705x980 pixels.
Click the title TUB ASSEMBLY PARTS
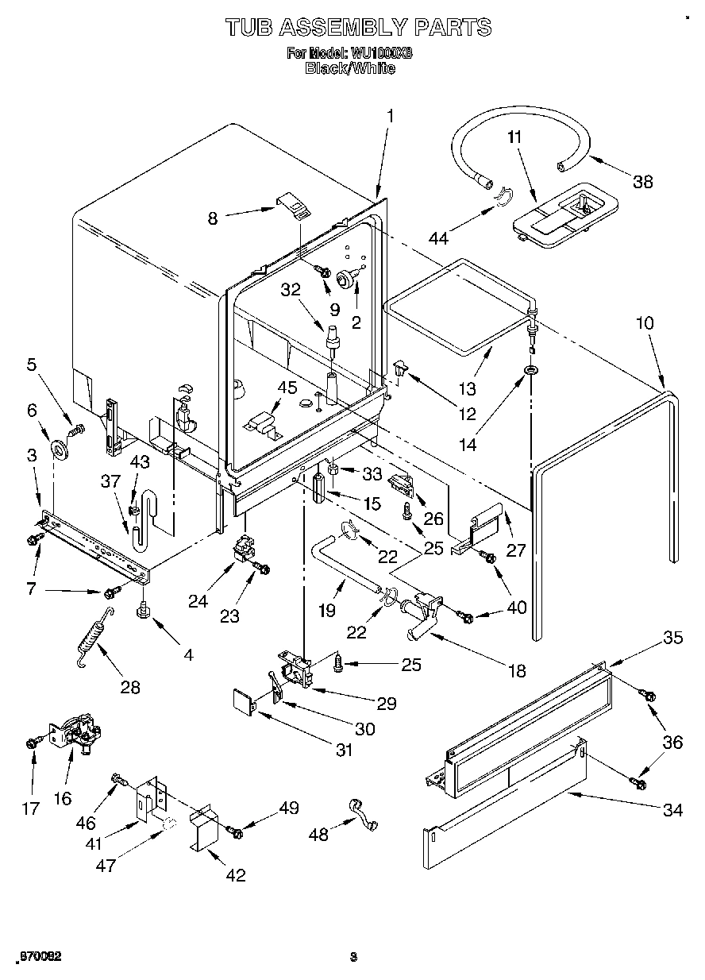click(x=358, y=27)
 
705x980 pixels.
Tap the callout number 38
click(x=642, y=181)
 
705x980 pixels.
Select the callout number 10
click(x=645, y=323)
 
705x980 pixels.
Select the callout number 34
click(x=672, y=810)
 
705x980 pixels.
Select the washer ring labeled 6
click(x=59, y=450)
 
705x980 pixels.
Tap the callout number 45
click(x=287, y=388)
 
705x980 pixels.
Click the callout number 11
click(x=514, y=137)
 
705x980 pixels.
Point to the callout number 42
click(x=235, y=875)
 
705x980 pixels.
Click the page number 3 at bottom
click(x=353, y=957)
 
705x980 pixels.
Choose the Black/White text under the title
click(x=350, y=68)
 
